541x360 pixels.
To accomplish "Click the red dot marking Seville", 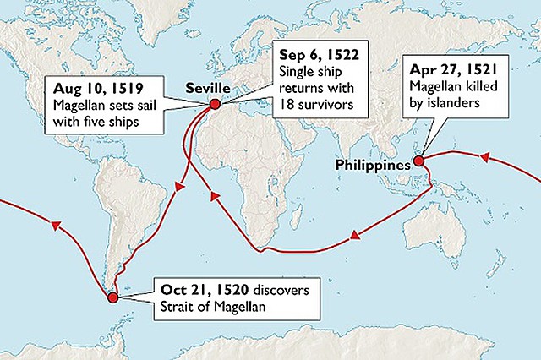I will (x=215, y=104).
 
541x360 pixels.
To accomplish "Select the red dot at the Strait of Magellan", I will (x=110, y=296).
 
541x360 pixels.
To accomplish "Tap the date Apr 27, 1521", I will (x=452, y=70).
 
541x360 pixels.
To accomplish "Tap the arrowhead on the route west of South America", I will (x=56, y=226).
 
